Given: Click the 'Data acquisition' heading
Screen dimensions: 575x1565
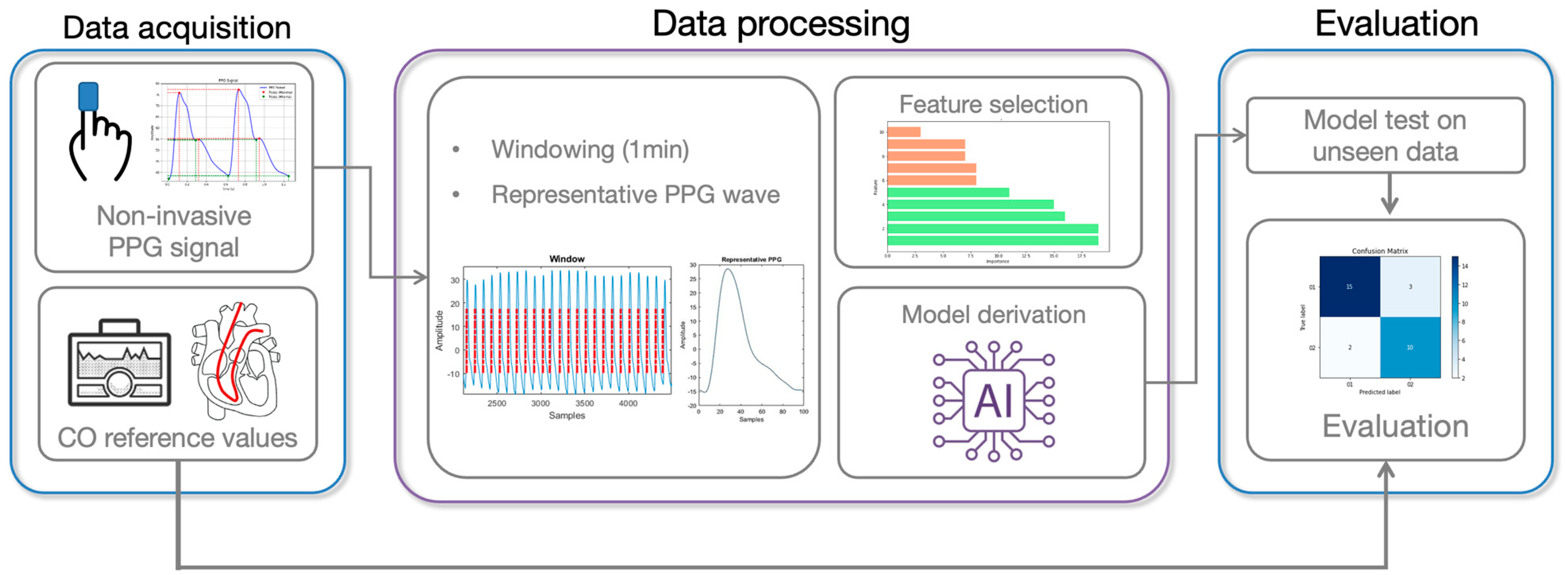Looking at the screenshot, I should click(x=177, y=28).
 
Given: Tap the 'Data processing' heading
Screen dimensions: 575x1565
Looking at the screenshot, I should click(x=781, y=24).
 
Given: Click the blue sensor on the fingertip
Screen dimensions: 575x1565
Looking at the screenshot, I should click(x=88, y=96).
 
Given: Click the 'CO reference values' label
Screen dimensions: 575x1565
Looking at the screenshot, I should click(x=177, y=438).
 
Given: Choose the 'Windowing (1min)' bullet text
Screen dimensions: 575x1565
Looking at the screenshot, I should click(x=590, y=150).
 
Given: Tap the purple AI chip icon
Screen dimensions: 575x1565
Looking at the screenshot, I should click(x=993, y=401).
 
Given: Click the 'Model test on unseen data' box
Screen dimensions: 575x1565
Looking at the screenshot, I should click(x=1385, y=136).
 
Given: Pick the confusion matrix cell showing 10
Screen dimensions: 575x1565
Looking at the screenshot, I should click(x=1410, y=348).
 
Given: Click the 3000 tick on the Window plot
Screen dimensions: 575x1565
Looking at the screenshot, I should click(x=540, y=404).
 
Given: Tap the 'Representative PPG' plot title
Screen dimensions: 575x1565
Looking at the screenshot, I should click(x=751, y=260).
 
